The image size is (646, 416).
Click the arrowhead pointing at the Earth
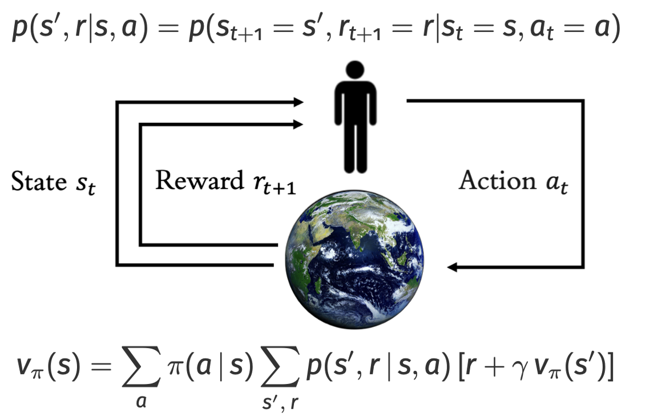454,267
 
